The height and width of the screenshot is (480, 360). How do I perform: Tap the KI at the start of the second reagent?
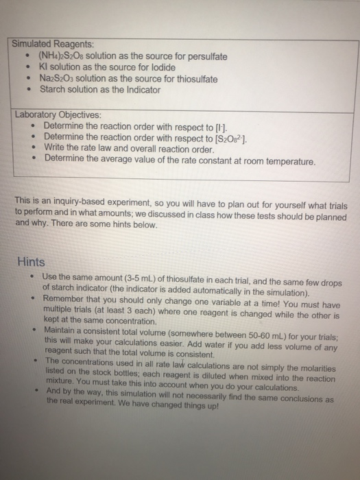45,67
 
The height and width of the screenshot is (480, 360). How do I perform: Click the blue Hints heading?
31,261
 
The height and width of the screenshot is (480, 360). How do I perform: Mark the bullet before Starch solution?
26,90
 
